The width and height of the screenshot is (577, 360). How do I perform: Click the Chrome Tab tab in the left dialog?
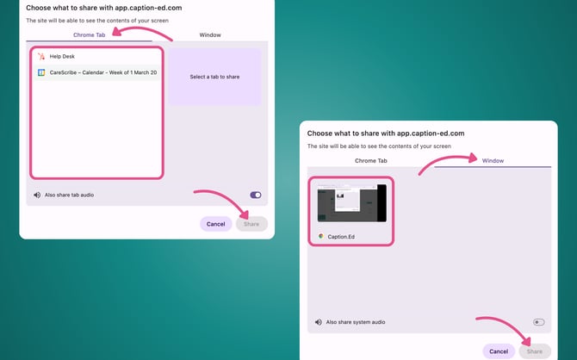click(x=89, y=35)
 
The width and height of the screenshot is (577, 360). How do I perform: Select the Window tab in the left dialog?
click(x=210, y=35)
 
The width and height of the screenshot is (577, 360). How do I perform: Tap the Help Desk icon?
click(x=41, y=56)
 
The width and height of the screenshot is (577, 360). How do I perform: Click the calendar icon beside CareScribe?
click(x=41, y=72)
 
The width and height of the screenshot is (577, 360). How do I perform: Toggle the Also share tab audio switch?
click(x=256, y=196)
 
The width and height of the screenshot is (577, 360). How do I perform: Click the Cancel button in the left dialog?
click(x=215, y=224)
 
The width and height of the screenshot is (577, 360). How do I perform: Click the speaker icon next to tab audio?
click(x=37, y=196)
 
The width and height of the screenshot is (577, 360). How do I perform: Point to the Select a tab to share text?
click(x=214, y=77)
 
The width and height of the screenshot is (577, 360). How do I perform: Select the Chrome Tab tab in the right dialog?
click(x=371, y=161)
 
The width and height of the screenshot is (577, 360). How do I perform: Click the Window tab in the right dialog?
click(x=493, y=161)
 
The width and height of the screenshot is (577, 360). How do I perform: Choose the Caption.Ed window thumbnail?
click(x=351, y=203)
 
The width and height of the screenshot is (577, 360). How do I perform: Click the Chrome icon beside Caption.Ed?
click(x=321, y=236)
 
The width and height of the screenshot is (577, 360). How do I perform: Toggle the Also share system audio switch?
click(x=539, y=322)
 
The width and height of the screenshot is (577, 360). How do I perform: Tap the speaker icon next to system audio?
click(x=319, y=322)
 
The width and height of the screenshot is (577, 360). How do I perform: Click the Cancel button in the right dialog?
click(x=499, y=351)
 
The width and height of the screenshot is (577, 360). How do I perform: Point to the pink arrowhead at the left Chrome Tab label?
click(x=116, y=32)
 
